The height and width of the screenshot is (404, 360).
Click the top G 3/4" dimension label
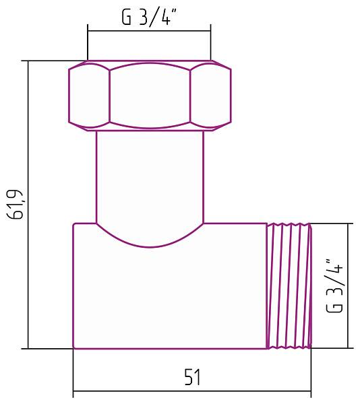(148, 18)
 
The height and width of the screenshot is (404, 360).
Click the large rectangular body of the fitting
(169, 296)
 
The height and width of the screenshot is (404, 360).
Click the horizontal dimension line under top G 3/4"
(149, 30)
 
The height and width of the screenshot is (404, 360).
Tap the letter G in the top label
(126, 18)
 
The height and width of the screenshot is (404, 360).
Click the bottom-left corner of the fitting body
(73, 348)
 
